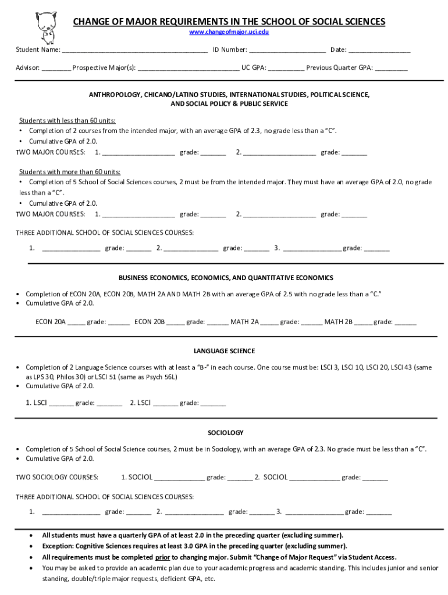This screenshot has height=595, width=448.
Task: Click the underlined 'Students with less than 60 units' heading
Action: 67,121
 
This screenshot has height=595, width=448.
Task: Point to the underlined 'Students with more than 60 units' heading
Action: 70,172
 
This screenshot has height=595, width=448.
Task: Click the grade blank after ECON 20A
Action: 119,322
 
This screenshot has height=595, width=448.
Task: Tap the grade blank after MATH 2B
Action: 406,322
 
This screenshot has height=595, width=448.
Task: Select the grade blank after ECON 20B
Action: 218,322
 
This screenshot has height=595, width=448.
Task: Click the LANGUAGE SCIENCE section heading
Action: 224,352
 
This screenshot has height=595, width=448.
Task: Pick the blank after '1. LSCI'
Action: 61,403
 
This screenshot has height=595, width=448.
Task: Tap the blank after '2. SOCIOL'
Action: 314,478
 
